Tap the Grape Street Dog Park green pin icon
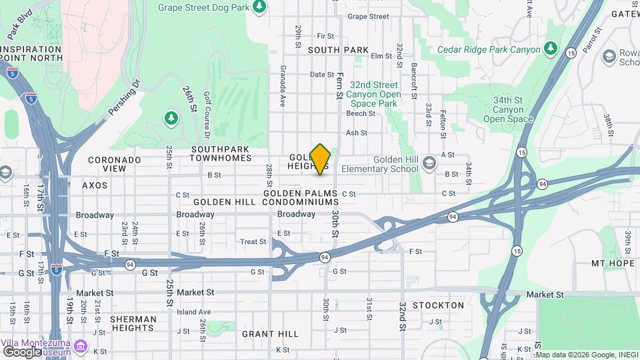pyautogui.click(x=259, y=7)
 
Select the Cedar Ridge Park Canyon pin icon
pyautogui.click(x=550, y=49)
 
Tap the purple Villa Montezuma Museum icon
pyautogui.click(x=81, y=346)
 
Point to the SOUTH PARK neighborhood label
pyautogui.click(x=338, y=50)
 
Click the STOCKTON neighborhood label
pyautogui.click(x=438, y=305)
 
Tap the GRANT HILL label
pyautogui.click(x=270, y=333)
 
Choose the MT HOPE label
pyautogui.click(x=611, y=263)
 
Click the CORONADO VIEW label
pyautogui.click(x=115, y=164)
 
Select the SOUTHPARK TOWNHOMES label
pyautogui.click(x=221, y=153)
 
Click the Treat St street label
pyautogui.click(x=253, y=242)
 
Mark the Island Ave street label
pyautogui.click(x=193, y=311)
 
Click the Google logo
pyautogui.click(x=22, y=352)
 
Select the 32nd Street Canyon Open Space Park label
pyautogui.click(x=374, y=94)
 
